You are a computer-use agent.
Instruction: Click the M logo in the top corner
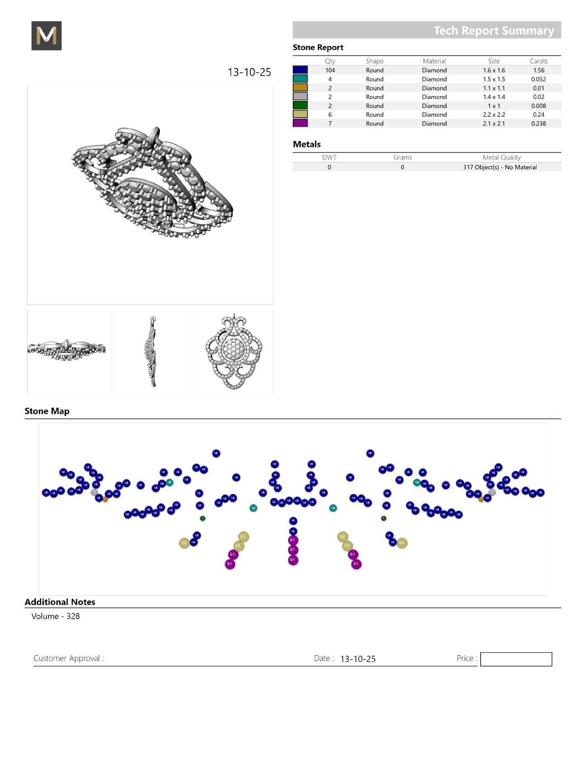46,36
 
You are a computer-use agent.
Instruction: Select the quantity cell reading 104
330,70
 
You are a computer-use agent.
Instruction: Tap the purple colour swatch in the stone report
300,123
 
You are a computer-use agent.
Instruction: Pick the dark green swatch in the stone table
300,106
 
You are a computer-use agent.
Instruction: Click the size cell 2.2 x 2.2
494,114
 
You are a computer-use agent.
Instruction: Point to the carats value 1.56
538,70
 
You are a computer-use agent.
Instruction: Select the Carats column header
538,61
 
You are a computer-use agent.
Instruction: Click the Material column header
434,61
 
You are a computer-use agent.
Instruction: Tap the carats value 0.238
538,124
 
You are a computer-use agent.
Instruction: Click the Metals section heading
307,144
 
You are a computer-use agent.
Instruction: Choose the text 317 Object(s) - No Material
500,167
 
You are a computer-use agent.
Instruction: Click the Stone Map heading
47,411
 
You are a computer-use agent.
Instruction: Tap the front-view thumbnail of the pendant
234,351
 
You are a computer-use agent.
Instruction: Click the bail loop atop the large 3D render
155,135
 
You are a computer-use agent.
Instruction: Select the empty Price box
516,659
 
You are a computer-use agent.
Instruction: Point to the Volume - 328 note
56,617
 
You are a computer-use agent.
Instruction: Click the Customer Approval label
68,658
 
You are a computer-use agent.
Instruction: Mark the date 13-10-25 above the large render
249,72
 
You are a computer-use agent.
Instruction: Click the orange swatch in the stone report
300,88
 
